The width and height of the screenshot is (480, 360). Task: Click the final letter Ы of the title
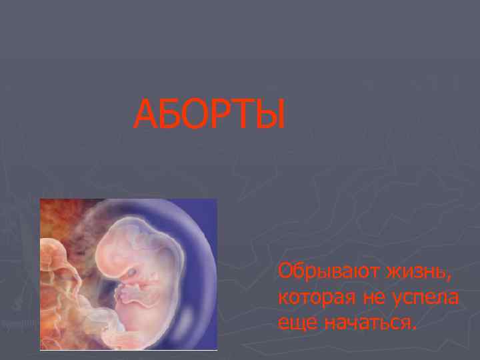coord(268,114)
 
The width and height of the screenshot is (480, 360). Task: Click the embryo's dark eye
coord(133,272)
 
